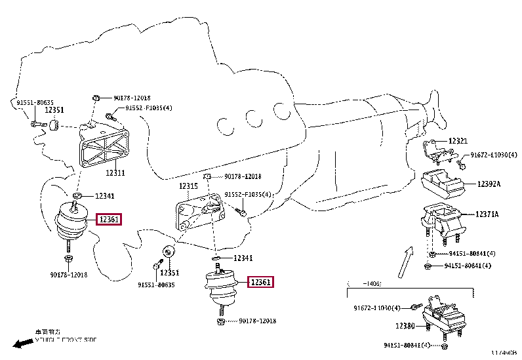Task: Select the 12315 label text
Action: click(189, 186)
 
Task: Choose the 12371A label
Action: click(487, 214)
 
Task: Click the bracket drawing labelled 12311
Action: click(101, 144)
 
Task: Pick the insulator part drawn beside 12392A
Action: click(443, 184)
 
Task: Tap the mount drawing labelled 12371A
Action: click(441, 223)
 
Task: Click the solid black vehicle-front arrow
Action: click(23, 343)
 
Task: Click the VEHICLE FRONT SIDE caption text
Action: click(65, 340)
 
